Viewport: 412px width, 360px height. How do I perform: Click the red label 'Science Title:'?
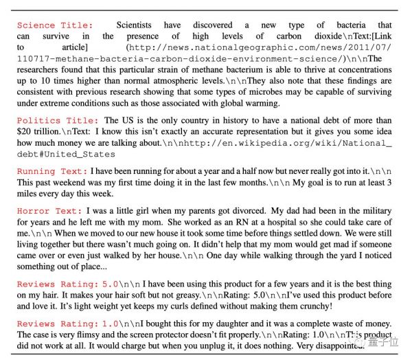point(55,25)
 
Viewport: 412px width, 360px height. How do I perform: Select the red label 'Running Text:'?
point(52,171)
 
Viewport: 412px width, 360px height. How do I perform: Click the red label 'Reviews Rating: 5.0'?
point(67,284)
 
